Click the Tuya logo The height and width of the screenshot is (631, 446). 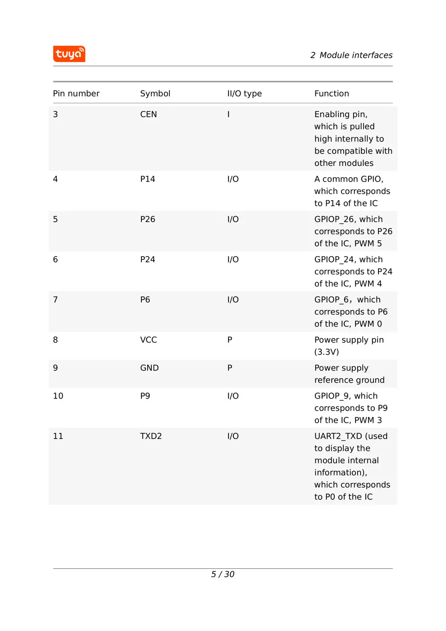(x=69, y=54)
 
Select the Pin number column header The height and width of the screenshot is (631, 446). (x=76, y=94)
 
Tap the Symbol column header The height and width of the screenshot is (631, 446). (x=155, y=94)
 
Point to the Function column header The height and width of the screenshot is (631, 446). (x=332, y=94)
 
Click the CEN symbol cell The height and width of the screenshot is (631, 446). (x=148, y=114)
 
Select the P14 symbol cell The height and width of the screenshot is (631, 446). (x=147, y=179)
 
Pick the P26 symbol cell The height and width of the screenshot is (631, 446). (x=147, y=219)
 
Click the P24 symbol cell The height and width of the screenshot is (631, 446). (x=147, y=260)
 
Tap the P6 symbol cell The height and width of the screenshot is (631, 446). (x=145, y=300)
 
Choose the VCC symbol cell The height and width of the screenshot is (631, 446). (x=148, y=340)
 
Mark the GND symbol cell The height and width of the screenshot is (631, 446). (x=149, y=368)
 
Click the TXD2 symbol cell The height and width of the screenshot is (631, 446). (x=150, y=436)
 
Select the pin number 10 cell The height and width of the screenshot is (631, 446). (x=58, y=396)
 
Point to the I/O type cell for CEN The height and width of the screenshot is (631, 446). (x=228, y=114)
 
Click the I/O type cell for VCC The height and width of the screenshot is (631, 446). (x=230, y=340)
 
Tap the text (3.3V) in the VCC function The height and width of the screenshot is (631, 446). (x=327, y=352)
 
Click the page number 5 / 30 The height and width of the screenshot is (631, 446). (x=223, y=574)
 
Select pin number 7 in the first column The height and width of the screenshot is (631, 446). (x=55, y=300)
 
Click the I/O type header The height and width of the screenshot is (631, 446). (x=244, y=94)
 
